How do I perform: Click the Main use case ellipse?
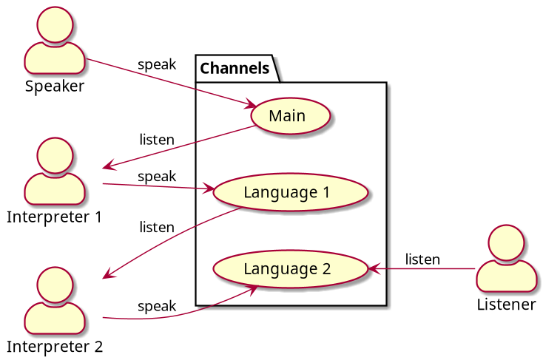287,116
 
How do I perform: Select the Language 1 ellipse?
286,192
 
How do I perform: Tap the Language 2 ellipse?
286,268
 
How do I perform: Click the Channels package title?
235,69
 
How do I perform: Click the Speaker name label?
55,86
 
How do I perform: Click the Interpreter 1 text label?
54,217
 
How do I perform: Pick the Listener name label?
506,305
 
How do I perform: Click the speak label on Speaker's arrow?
157,64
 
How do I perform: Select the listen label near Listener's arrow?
422,259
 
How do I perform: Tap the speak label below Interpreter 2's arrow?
157,306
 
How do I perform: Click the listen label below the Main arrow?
157,139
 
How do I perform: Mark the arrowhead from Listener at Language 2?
373,268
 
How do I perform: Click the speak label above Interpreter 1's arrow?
157,176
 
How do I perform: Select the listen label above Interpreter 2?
157,227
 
